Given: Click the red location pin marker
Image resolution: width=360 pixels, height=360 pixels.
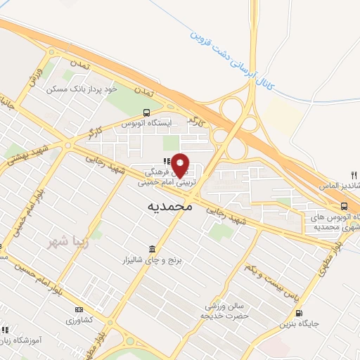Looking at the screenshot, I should pos(181,165).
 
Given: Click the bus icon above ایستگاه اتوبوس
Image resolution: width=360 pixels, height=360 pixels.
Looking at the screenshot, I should pos(146,112).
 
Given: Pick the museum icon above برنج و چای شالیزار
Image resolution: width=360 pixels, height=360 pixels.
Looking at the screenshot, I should pos(153,249).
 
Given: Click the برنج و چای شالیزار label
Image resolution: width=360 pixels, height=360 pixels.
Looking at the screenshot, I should pos(154,260).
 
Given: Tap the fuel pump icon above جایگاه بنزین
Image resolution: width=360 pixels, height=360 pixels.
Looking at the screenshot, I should pos(300,313).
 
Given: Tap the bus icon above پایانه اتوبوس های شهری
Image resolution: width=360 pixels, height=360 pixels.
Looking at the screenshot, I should pos(344,206).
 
